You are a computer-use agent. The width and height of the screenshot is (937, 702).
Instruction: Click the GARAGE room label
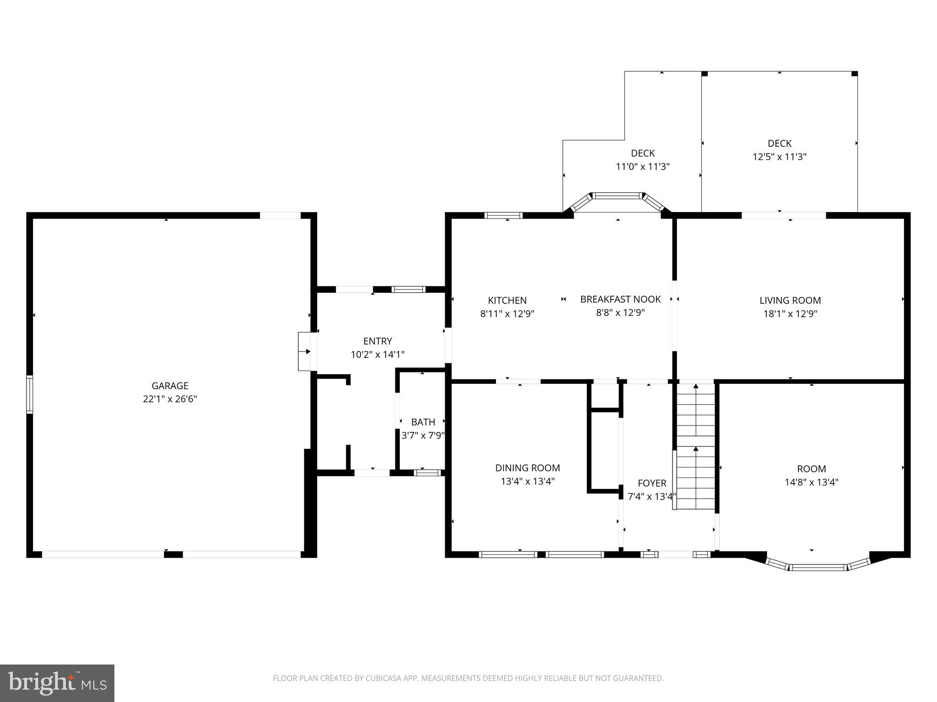[170, 386]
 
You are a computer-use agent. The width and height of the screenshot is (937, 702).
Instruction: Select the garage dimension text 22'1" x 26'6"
[170, 399]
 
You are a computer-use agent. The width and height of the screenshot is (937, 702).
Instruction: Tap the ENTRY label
[377, 341]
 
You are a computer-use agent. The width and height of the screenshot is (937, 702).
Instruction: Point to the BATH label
[423, 422]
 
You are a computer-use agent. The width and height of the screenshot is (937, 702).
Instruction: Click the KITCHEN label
[507, 300]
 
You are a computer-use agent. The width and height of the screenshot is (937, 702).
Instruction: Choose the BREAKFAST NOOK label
[620, 299]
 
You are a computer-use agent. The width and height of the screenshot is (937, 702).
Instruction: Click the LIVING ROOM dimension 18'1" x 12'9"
[790, 314]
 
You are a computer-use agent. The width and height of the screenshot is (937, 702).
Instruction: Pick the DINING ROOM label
[528, 468]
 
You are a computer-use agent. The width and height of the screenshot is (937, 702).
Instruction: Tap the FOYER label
[652, 483]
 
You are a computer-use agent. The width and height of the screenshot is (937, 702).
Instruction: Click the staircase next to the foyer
[695, 448]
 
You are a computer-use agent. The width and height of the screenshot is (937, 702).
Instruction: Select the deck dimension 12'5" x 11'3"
[779, 157]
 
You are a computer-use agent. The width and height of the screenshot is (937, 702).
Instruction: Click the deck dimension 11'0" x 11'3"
[642, 166]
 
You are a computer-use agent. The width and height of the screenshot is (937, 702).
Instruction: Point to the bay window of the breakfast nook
[618, 197]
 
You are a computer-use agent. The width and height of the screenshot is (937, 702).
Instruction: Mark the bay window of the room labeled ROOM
[818, 567]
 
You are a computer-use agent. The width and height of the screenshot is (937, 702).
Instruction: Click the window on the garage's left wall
[30, 394]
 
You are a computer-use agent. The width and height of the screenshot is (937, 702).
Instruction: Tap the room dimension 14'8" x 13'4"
[811, 482]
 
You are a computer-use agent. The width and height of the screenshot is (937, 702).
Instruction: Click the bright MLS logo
[57, 683]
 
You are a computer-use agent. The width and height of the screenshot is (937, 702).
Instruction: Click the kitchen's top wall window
[503, 215]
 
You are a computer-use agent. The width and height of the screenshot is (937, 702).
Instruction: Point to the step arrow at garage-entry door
[306, 351]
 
